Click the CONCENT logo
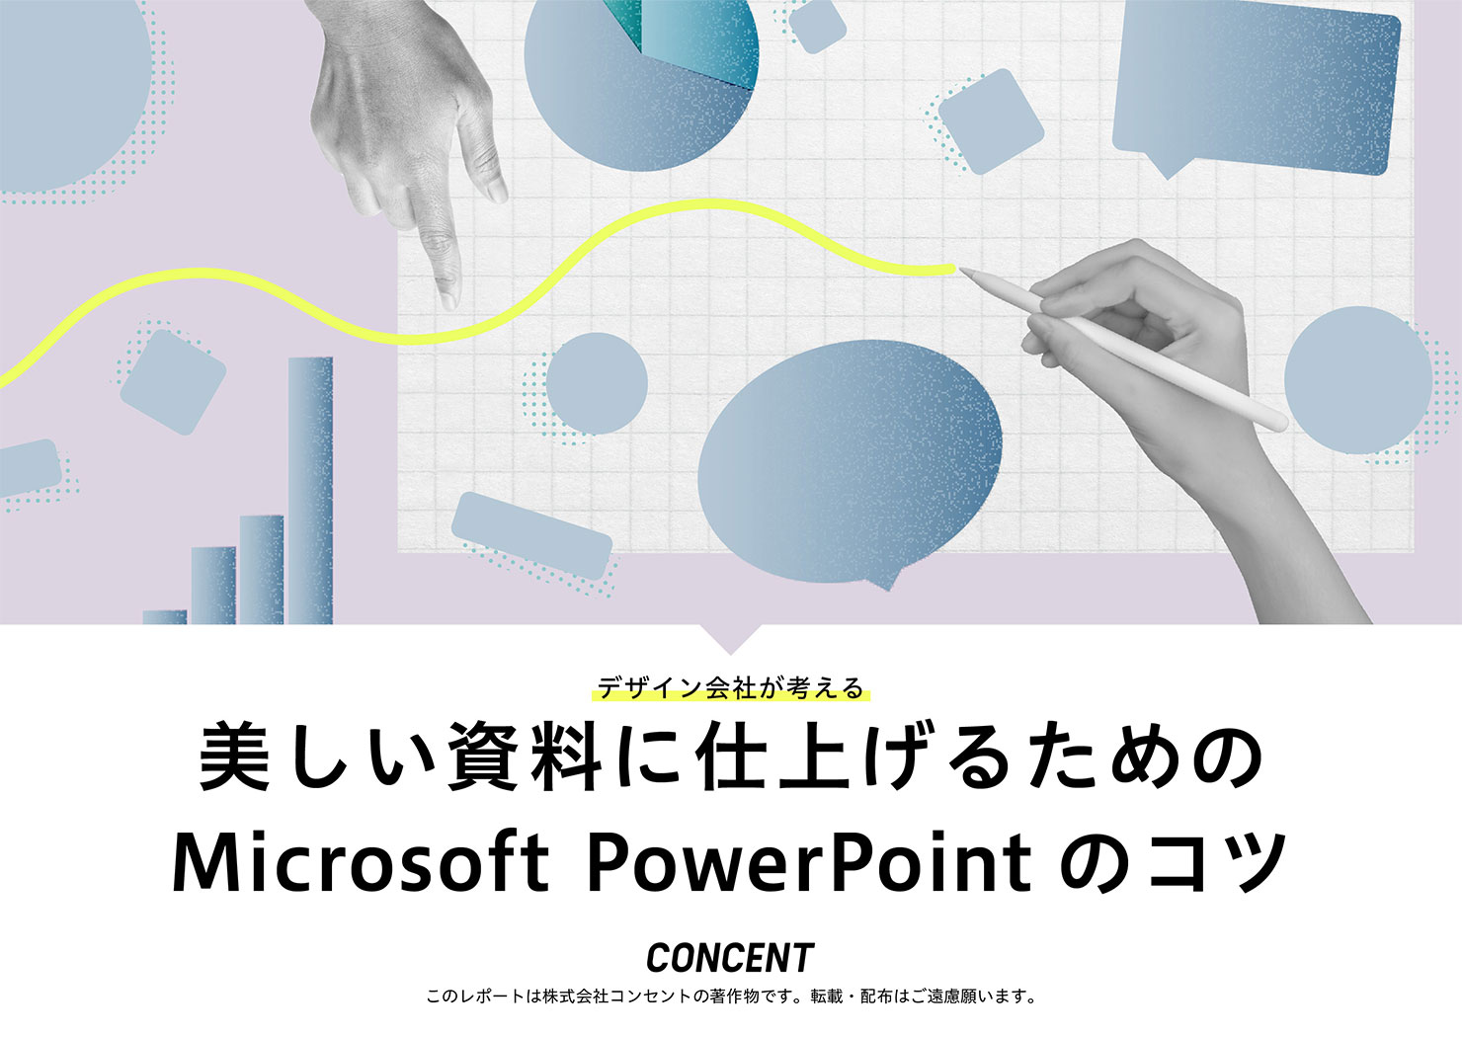[x=730, y=957]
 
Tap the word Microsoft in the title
[x=361, y=861]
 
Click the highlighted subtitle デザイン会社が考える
[x=730, y=688]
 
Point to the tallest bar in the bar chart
[x=310, y=490]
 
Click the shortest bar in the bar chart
[x=164, y=617]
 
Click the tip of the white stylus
[x=959, y=269]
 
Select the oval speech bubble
[x=850, y=463]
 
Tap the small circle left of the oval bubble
[x=597, y=383]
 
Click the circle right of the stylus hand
[x=1358, y=380]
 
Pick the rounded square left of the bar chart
[x=173, y=382]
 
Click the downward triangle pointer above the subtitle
[x=730, y=639]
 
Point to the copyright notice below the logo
[x=730, y=997]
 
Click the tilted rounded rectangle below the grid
[x=531, y=535]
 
